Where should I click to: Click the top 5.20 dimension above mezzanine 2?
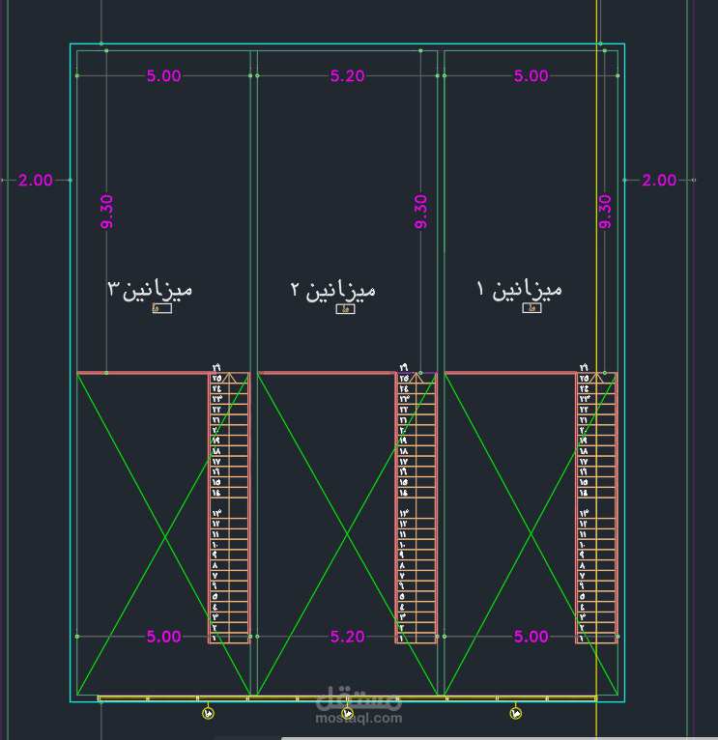(x=348, y=76)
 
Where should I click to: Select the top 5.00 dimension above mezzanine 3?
(x=164, y=76)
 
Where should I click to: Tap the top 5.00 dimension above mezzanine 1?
(x=531, y=76)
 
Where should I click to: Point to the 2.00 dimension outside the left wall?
(x=36, y=180)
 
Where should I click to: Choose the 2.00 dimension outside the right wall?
(x=660, y=180)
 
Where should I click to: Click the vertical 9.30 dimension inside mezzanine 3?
(x=106, y=212)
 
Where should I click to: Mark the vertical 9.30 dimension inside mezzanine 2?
(x=421, y=212)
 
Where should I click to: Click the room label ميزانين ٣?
(x=150, y=288)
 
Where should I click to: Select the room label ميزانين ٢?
(x=333, y=289)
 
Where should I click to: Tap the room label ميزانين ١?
(x=520, y=288)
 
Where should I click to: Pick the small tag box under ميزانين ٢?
(x=345, y=309)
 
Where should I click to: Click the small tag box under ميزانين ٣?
(x=161, y=308)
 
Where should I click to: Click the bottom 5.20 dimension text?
(x=348, y=637)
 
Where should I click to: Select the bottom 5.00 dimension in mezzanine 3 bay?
(x=164, y=637)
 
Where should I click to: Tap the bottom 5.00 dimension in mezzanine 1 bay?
(x=531, y=637)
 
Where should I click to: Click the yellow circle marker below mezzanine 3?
(x=209, y=713)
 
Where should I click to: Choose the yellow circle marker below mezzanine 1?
(x=515, y=713)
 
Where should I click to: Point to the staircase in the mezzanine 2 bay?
(x=416, y=507)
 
